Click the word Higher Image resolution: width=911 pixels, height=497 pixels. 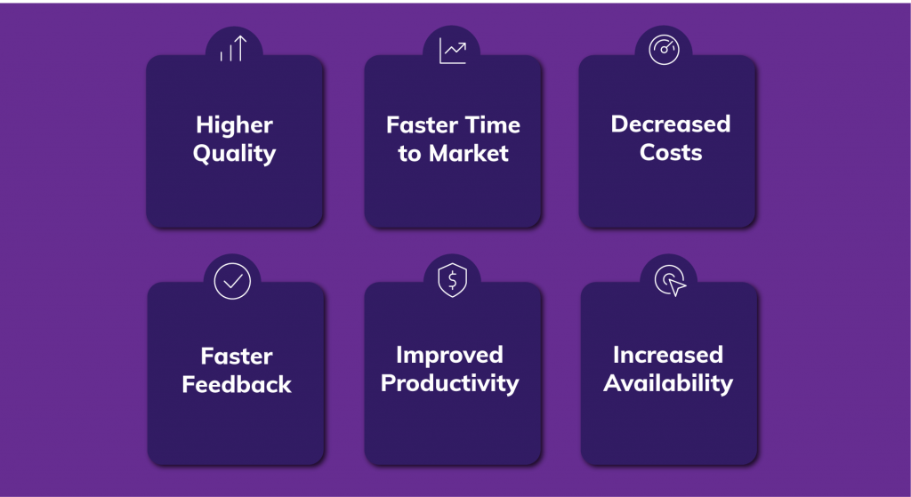coord(235,124)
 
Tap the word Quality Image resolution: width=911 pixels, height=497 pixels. coord(235,154)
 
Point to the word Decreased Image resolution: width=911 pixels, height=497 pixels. coord(671,124)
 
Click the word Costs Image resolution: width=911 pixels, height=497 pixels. coord(671,153)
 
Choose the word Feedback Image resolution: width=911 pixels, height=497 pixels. coord(237,385)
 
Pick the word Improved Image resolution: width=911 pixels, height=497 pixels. coord(449,356)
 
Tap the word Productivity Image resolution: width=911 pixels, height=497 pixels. coord(449,384)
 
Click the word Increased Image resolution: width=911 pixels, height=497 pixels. coord(668,356)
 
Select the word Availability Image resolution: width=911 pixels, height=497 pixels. coord(668,384)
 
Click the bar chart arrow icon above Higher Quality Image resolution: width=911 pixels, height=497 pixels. coord(233,50)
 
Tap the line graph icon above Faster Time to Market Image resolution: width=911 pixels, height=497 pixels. coord(453,50)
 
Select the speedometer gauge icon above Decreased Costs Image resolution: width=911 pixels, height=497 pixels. coord(664,50)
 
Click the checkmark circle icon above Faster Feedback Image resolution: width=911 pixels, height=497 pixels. coord(233,281)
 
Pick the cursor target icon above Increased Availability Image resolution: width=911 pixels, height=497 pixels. coord(670,282)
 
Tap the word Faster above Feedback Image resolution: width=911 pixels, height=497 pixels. coord(237,357)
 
